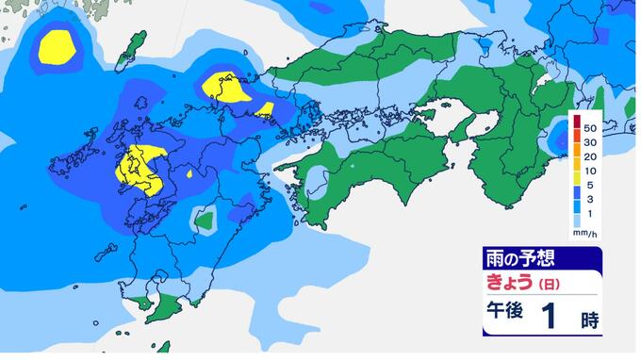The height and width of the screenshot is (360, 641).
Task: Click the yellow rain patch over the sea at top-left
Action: [59, 46]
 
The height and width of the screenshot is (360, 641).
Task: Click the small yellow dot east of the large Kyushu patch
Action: [191, 173]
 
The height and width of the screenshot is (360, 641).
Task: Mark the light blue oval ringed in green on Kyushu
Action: [203, 220]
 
